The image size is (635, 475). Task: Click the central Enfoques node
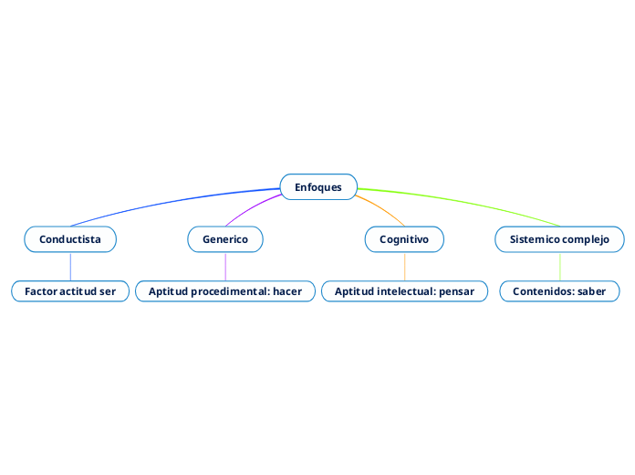[318, 187]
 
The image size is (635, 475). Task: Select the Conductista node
[70, 239]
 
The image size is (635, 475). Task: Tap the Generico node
[225, 239]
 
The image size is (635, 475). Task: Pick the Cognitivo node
[404, 239]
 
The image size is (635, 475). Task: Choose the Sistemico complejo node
[559, 239]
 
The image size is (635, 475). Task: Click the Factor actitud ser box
[70, 291]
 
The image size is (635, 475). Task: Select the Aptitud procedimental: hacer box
[225, 291]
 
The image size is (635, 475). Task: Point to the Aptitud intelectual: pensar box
[404, 291]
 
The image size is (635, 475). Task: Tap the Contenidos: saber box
[559, 291]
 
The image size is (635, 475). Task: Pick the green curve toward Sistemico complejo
[465, 202]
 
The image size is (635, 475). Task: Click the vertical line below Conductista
[70, 266]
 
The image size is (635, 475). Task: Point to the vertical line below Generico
[225, 266]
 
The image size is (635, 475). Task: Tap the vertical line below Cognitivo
[404, 266]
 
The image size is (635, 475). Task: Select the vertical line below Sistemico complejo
[559, 266]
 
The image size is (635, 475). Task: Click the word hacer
[286, 291]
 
